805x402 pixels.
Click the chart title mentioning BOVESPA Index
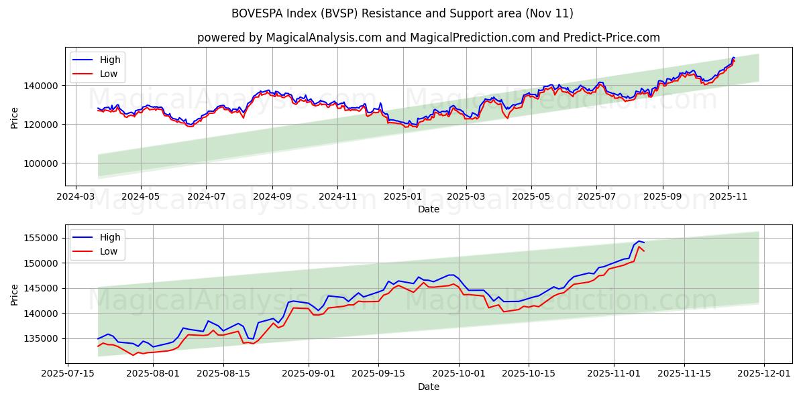pyautogui.click(x=402, y=13)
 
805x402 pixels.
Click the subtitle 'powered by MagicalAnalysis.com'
pyautogui.click(x=428, y=38)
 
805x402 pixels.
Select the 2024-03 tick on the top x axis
pyautogui.click(x=75, y=196)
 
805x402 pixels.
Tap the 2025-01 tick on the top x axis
pyautogui.click(x=403, y=196)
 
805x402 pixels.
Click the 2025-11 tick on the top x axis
pyautogui.click(x=728, y=196)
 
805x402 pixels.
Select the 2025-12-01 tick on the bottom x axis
pyautogui.click(x=764, y=374)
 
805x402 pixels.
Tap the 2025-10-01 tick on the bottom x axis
pyautogui.click(x=459, y=374)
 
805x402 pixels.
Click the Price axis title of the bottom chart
pyautogui.click(x=15, y=293)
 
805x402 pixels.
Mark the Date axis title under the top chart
pyautogui.click(x=428, y=209)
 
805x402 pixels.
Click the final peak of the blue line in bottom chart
pyautogui.click(x=639, y=241)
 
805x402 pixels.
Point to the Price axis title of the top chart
pyautogui.click(x=15, y=117)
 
